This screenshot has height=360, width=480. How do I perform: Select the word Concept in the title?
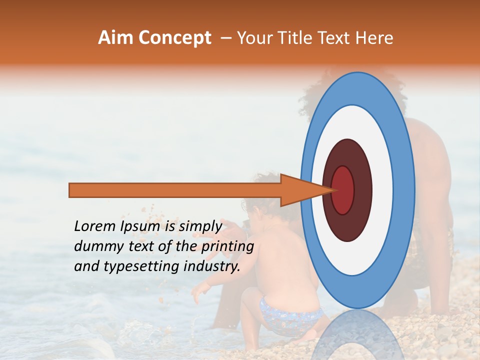click(x=174, y=38)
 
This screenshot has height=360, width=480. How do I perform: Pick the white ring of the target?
click(x=382, y=190)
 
